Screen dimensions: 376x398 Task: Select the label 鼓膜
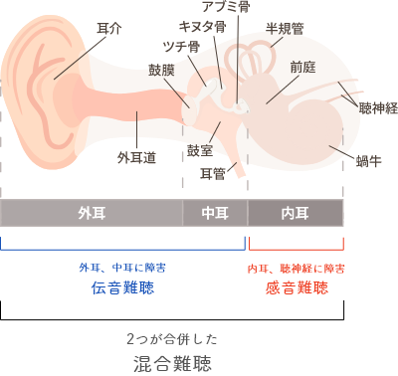click(x=161, y=73)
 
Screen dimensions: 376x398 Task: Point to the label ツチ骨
click(x=179, y=46)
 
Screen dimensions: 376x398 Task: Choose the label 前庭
click(x=303, y=67)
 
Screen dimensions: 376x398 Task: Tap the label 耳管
click(x=212, y=174)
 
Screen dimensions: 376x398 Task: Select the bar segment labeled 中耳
click(x=215, y=213)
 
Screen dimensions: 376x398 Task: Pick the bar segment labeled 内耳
click(x=295, y=213)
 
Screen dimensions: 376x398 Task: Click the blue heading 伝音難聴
click(x=122, y=288)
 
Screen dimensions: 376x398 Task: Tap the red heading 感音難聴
click(x=296, y=288)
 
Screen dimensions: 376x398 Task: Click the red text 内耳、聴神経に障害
click(x=296, y=268)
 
